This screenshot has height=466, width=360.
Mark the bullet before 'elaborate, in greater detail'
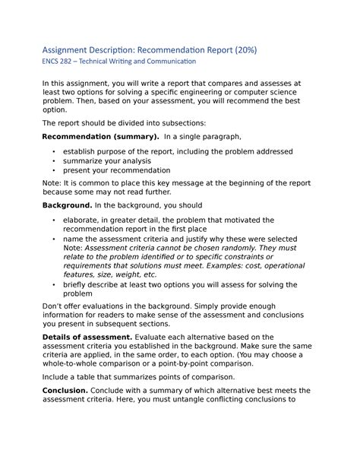(x=53, y=220)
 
